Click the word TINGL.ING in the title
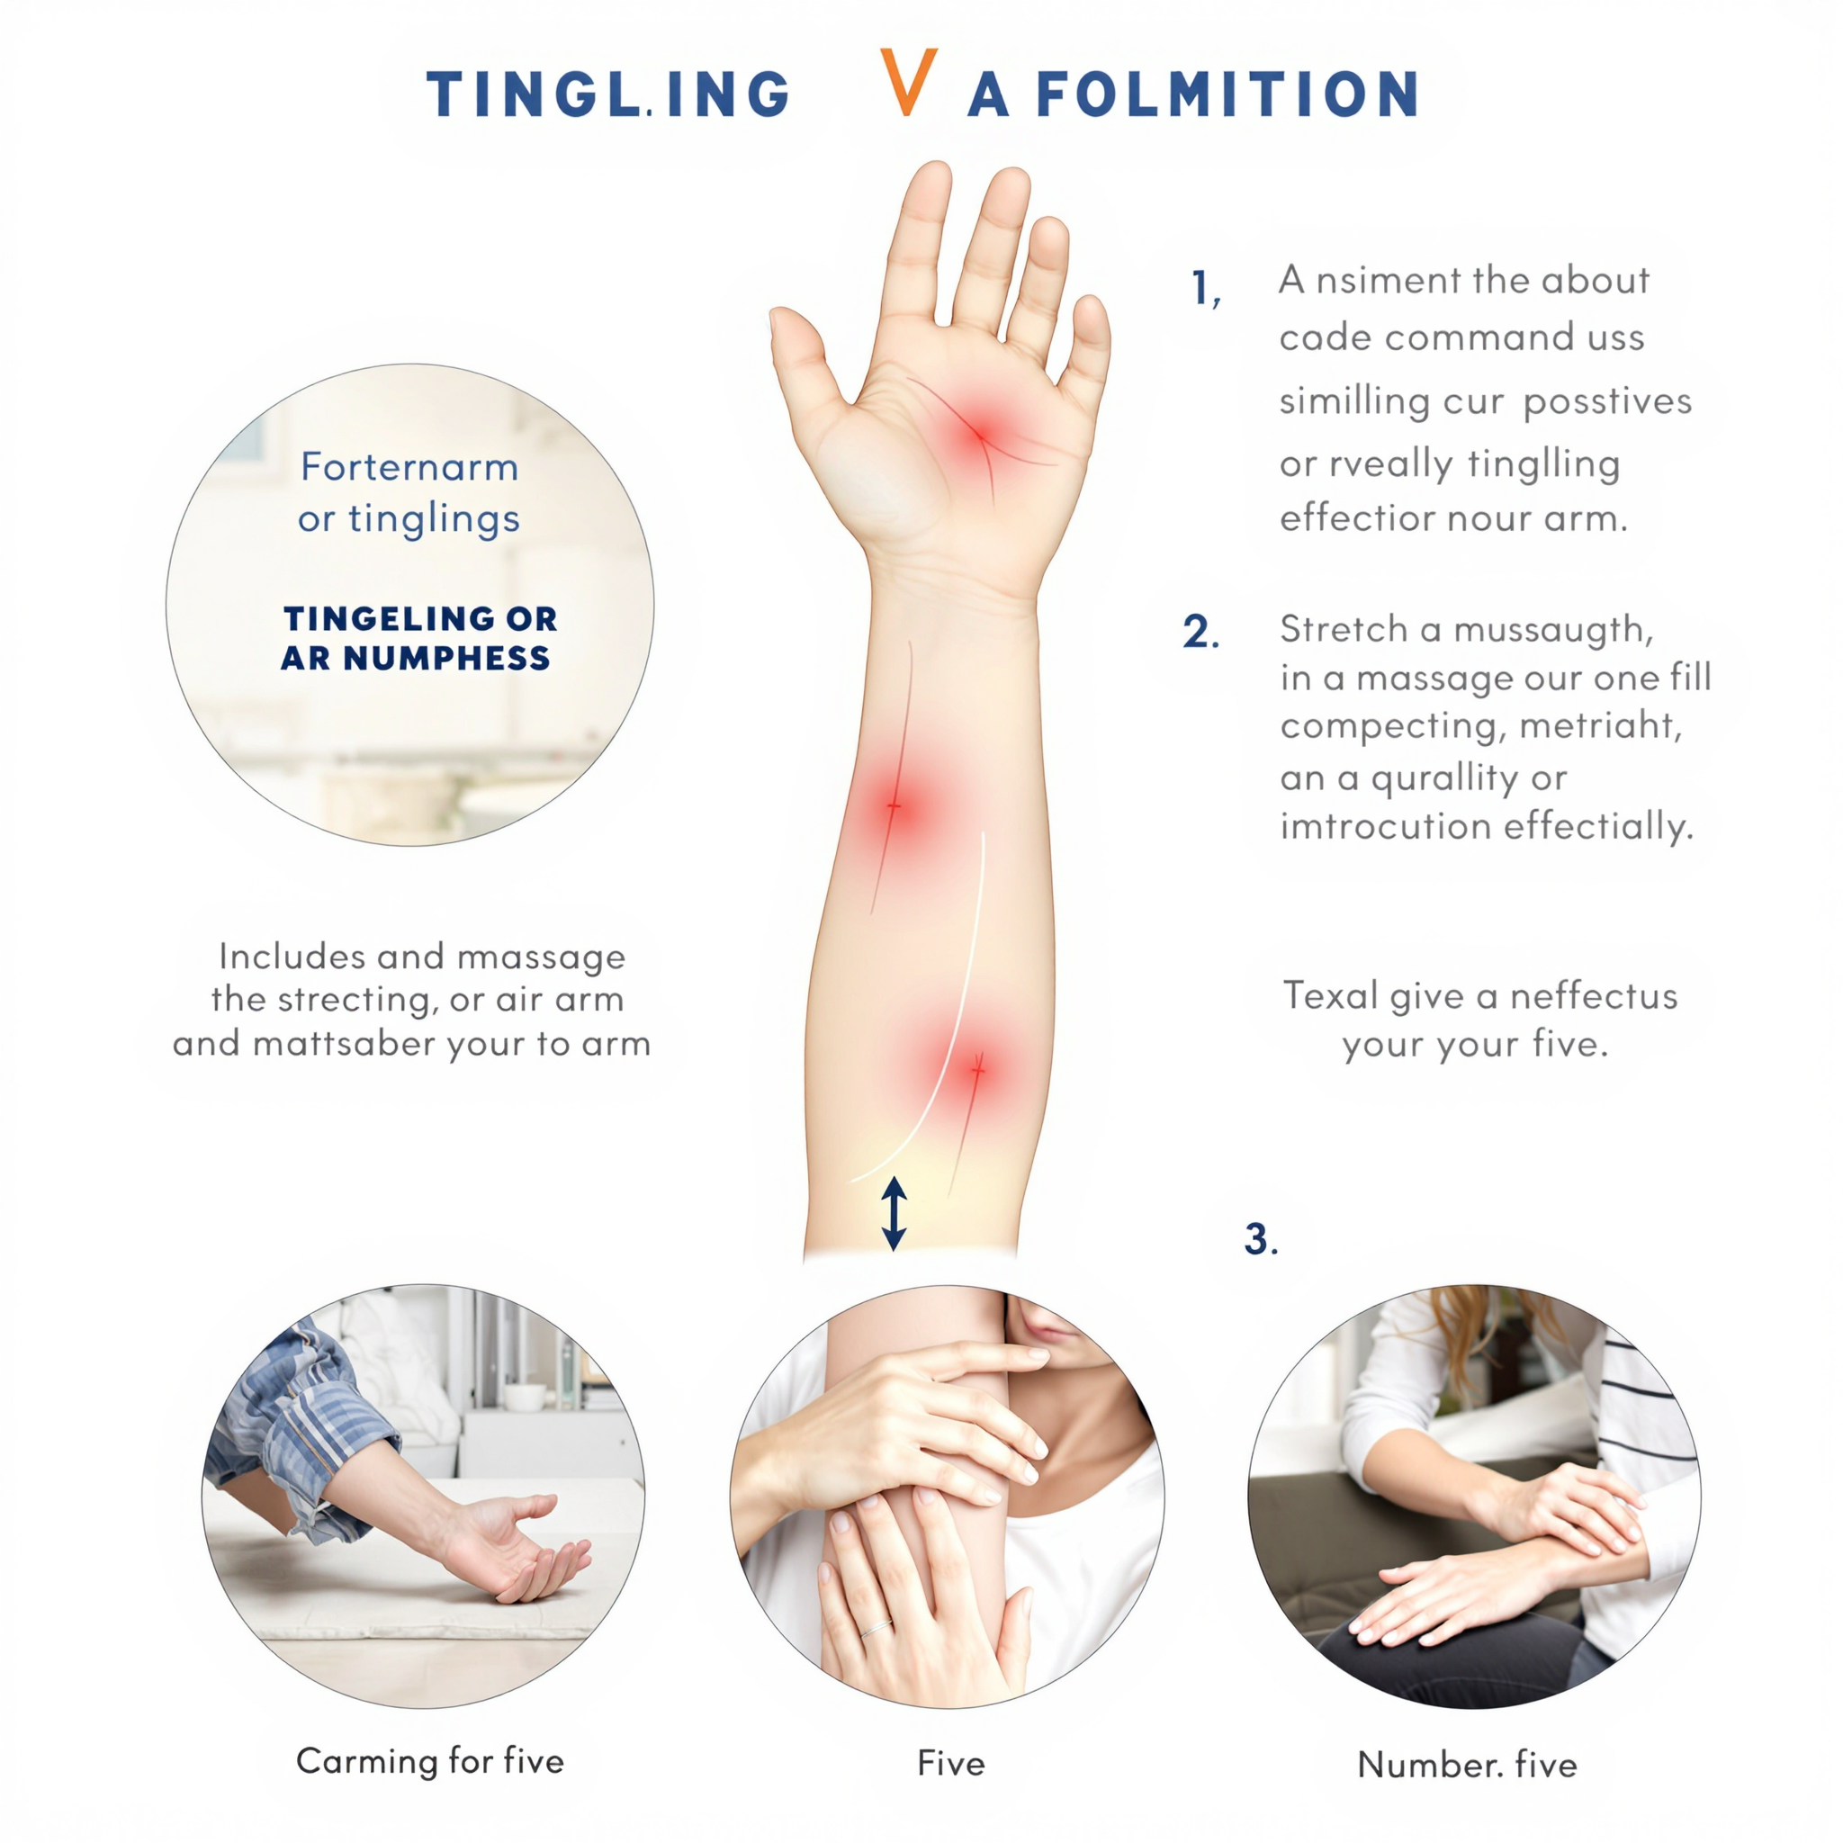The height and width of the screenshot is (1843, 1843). tap(608, 94)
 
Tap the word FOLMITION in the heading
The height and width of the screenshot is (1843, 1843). tap(1227, 94)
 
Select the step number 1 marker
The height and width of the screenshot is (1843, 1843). tap(1207, 287)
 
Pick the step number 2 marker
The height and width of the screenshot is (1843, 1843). tap(1201, 632)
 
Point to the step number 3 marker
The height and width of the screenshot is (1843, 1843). tap(1260, 1239)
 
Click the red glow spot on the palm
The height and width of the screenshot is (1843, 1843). tap(981, 435)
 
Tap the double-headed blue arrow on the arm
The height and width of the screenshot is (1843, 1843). tap(894, 1212)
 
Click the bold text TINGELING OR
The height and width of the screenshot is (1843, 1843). tap(419, 618)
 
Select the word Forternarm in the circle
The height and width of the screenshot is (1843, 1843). tap(409, 466)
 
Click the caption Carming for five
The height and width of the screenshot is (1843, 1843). tap(430, 1760)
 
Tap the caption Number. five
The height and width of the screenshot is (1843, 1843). tap(1467, 1764)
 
